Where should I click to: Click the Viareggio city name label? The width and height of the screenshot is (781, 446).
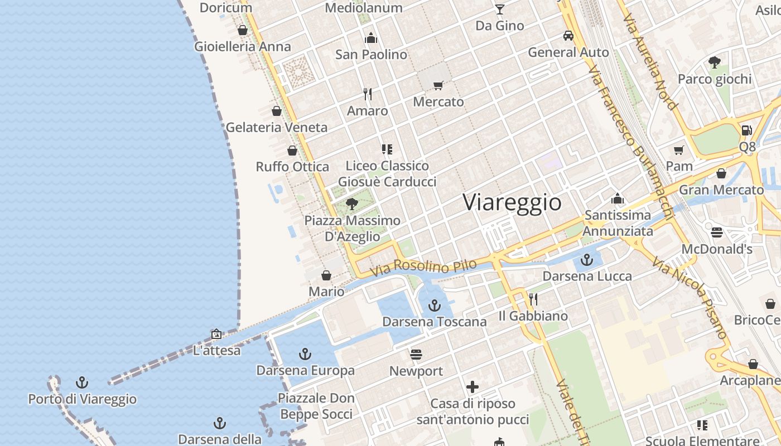(x=512, y=202)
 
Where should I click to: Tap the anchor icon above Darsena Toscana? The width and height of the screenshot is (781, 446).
(x=434, y=305)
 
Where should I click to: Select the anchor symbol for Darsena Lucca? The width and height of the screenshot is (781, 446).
(x=586, y=260)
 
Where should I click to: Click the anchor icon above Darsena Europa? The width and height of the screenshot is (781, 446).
(x=305, y=353)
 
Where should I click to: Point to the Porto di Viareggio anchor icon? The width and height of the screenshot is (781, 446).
(x=82, y=382)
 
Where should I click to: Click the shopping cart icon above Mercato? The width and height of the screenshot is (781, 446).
(x=438, y=85)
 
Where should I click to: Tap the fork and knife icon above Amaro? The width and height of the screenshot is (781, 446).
(x=367, y=94)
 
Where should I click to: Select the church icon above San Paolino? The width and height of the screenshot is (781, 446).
(x=371, y=38)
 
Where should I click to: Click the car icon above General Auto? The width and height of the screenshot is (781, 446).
(x=568, y=36)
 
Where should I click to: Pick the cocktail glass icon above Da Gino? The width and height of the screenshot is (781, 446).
(x=499, y=9)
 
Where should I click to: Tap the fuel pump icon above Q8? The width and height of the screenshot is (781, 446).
(x=746, y=130)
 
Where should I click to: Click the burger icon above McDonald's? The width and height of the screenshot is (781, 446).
(x=717, y=232)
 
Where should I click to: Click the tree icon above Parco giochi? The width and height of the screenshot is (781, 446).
(x=714, y=62)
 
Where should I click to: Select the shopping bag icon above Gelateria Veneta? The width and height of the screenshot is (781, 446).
(x=276, y=111)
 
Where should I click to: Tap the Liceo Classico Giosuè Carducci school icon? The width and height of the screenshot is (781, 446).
(x=387, y=149)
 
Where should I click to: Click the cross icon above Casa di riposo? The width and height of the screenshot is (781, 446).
(x=473, y=386)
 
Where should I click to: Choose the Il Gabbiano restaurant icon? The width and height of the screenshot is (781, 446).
(x=533, y=299)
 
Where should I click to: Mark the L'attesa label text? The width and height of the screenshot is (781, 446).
(x=216, y=351)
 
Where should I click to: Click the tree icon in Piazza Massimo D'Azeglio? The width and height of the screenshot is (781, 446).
(x=351, y=203)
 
